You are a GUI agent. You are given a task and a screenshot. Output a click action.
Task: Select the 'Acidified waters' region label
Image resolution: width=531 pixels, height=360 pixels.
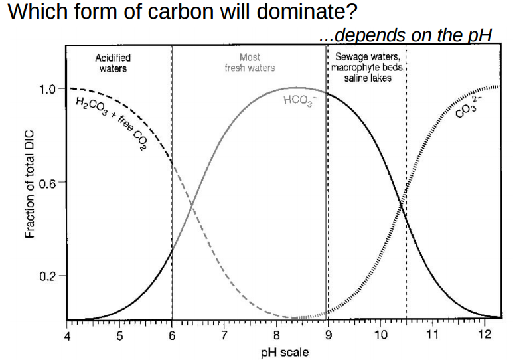[113, 63]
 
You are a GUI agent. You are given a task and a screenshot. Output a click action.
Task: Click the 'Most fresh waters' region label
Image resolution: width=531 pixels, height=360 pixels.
[249, 63]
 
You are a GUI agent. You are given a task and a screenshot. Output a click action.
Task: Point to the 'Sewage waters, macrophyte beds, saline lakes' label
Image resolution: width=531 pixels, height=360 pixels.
[367, 68]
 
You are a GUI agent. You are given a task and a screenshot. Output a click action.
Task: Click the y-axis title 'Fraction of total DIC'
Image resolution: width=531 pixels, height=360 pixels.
[30, 193]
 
